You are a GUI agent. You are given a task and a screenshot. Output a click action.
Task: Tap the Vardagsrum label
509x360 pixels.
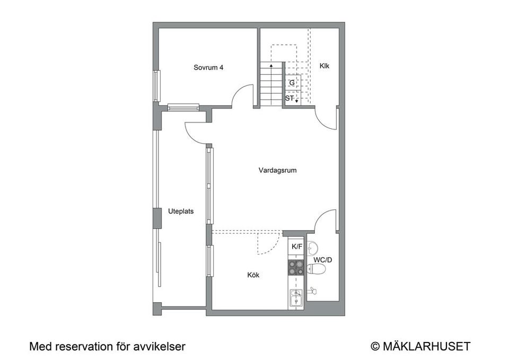pos(277,170)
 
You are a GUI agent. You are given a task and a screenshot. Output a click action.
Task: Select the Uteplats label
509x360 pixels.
pos(181,210)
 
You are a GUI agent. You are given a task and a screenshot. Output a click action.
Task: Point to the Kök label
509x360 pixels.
pos(253,275)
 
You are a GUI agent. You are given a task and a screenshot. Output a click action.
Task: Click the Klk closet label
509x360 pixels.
pos(324,66)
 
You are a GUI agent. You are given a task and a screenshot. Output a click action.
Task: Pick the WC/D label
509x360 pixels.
pos(322,260)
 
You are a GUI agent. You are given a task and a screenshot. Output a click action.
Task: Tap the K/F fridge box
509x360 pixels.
pos(296,247)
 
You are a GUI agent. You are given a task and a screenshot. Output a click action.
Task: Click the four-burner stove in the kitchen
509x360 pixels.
pos(296,268)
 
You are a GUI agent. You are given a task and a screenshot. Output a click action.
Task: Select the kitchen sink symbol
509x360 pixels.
pos(296,298)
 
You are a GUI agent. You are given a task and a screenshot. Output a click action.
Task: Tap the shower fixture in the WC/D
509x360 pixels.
pos(314,291)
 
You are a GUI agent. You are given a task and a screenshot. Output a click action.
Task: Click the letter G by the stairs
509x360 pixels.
pos(292,83)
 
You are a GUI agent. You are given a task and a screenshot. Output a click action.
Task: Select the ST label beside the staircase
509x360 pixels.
pos(289,98)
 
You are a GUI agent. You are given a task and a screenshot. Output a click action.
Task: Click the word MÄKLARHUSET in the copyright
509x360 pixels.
pos(426,346)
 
